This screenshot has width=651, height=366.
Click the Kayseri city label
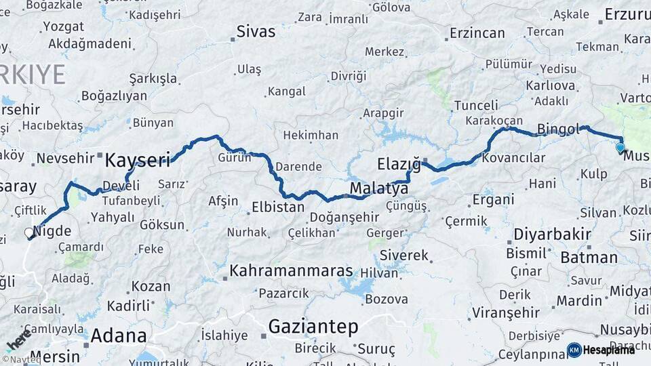pyautogui.click(x=138, y=160)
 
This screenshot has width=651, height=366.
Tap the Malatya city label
pyautogui.click(x=379, y=188)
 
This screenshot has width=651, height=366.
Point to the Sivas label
pyautogui.click(x=256, y=31)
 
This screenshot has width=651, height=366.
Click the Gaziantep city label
pyautogui.click(x=313, y=327)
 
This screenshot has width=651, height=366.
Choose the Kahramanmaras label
pyautogui.click(x=292, y=271)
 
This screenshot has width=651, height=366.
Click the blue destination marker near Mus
pyautogui.click(x=620, y=147)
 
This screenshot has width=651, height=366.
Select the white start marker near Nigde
pyautogui.click(x=29, y=233)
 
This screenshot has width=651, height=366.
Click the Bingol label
pyautogui.click(x=559, y=128)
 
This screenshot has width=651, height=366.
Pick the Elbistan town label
pyautogui.click(x=278, y=207)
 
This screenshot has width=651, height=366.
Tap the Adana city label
pyautogui.click(x=118, y=335)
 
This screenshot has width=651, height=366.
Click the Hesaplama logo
pyautogui.click(x=601, y=350)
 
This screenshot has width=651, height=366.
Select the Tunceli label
pyautogui.click(x=476, y=105)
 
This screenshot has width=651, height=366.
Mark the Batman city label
pyautogui.click(x=589, y=258)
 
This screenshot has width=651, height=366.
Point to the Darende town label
pyautogui.click(x=298, y=166)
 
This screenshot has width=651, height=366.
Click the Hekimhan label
pyautogui.click(x=311, y=136)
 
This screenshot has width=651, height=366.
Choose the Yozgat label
pyautogui.click(x=63, y=26)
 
